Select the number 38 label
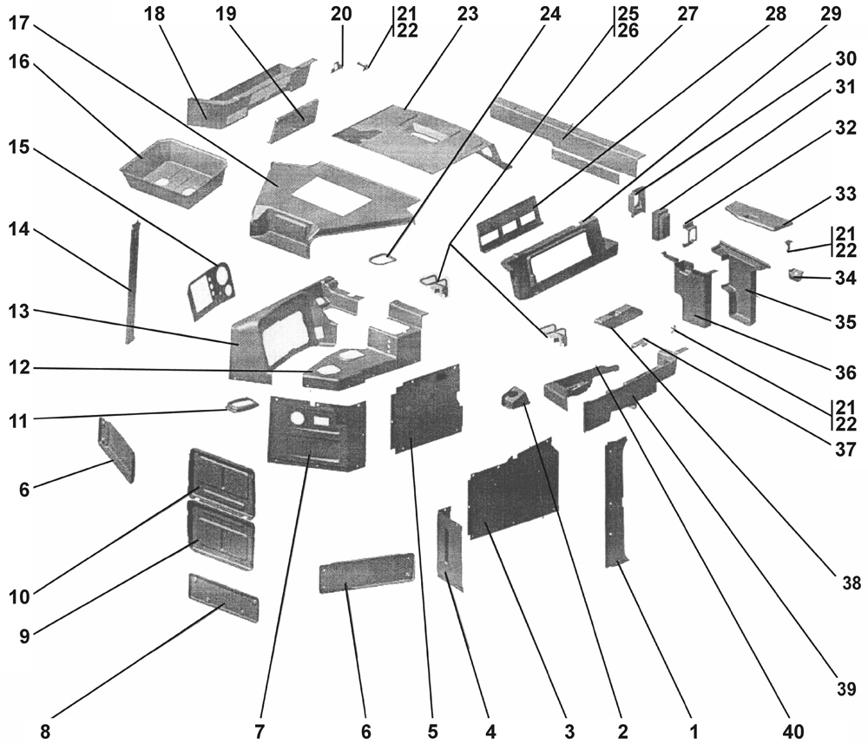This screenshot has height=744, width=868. point(851,583)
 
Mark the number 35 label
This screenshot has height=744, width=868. point(846,320)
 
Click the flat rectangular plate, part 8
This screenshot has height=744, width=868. point(223,596)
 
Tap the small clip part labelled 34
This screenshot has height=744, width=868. point(794,276)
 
